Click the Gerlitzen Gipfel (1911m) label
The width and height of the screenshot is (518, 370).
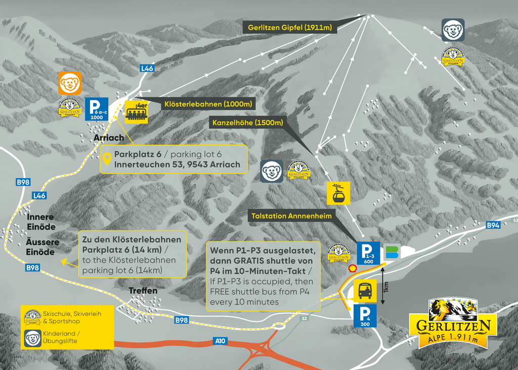point(290,27)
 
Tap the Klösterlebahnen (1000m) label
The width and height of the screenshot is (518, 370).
point(207,104)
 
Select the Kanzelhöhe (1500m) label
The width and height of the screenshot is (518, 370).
point(247,122)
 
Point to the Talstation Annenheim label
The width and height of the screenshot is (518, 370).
point(291,216)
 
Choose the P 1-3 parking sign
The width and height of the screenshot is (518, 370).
point(368,254)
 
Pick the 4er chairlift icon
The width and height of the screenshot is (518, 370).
point(137,111)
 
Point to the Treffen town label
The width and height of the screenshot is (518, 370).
point(143,291)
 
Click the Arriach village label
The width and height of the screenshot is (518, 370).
point(109,138)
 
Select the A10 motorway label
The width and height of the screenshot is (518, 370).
point(220,341)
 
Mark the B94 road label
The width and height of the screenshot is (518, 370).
point(493,225)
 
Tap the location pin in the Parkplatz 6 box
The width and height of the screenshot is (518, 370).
point(107,159)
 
